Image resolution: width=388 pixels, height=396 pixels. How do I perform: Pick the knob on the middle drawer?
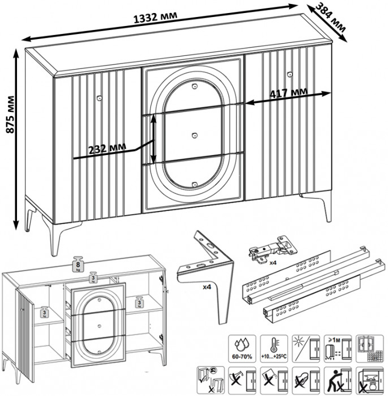pyautogui.click(x=194, y=135)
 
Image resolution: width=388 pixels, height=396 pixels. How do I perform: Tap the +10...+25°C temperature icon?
pyautogui.click(x=272, y=346)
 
